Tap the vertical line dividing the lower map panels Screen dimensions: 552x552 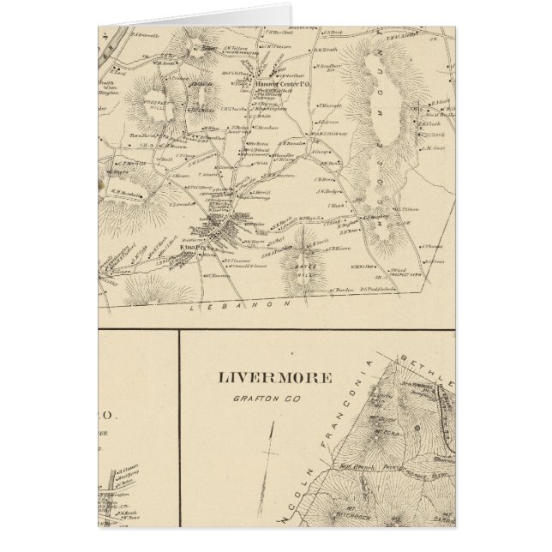pos(178,429)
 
